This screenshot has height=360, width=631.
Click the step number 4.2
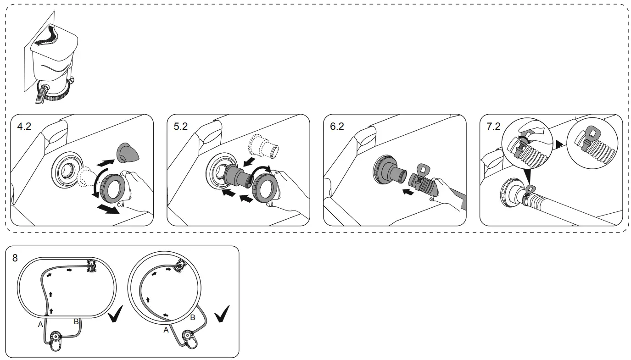pyautogui.click(x=24, y=127)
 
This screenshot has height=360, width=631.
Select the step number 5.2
pyautogui.click(x=180, y=127)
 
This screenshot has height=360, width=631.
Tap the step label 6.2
pyautogui.click(x=337, y=127)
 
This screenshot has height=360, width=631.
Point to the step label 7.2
pyautogui.click(x=493, y=127)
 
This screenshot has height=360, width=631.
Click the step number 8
pyautogui.click(x=15, y=258)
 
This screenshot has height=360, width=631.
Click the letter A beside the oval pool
pyautogui.click(x=40, y=324)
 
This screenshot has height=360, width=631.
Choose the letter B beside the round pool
pyautogui.click(x=193, y=317)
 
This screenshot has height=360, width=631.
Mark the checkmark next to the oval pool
pyautogui.click(x=116, y=316)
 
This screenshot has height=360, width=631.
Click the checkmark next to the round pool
pyautogui.click(x=223, y=314)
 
